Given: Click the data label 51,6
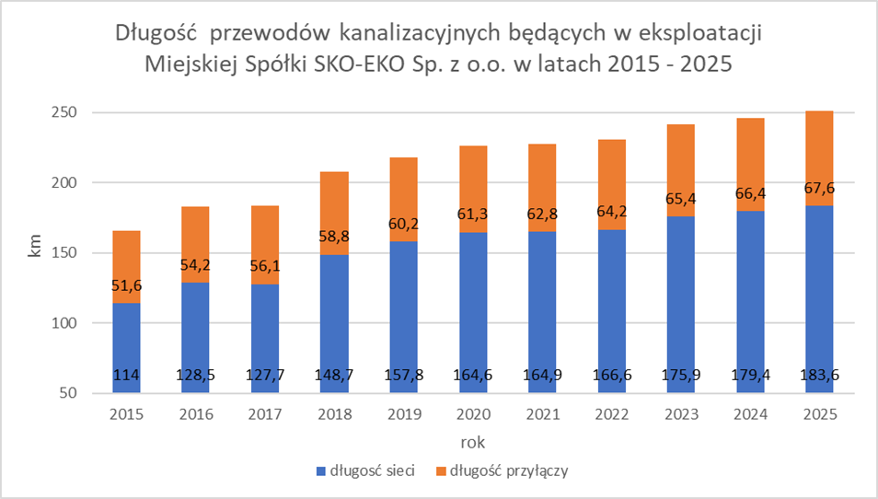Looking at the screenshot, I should tap(127, 286).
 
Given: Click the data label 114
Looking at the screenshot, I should tap(127, 376).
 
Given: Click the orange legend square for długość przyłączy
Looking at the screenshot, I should tap(441, 471).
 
